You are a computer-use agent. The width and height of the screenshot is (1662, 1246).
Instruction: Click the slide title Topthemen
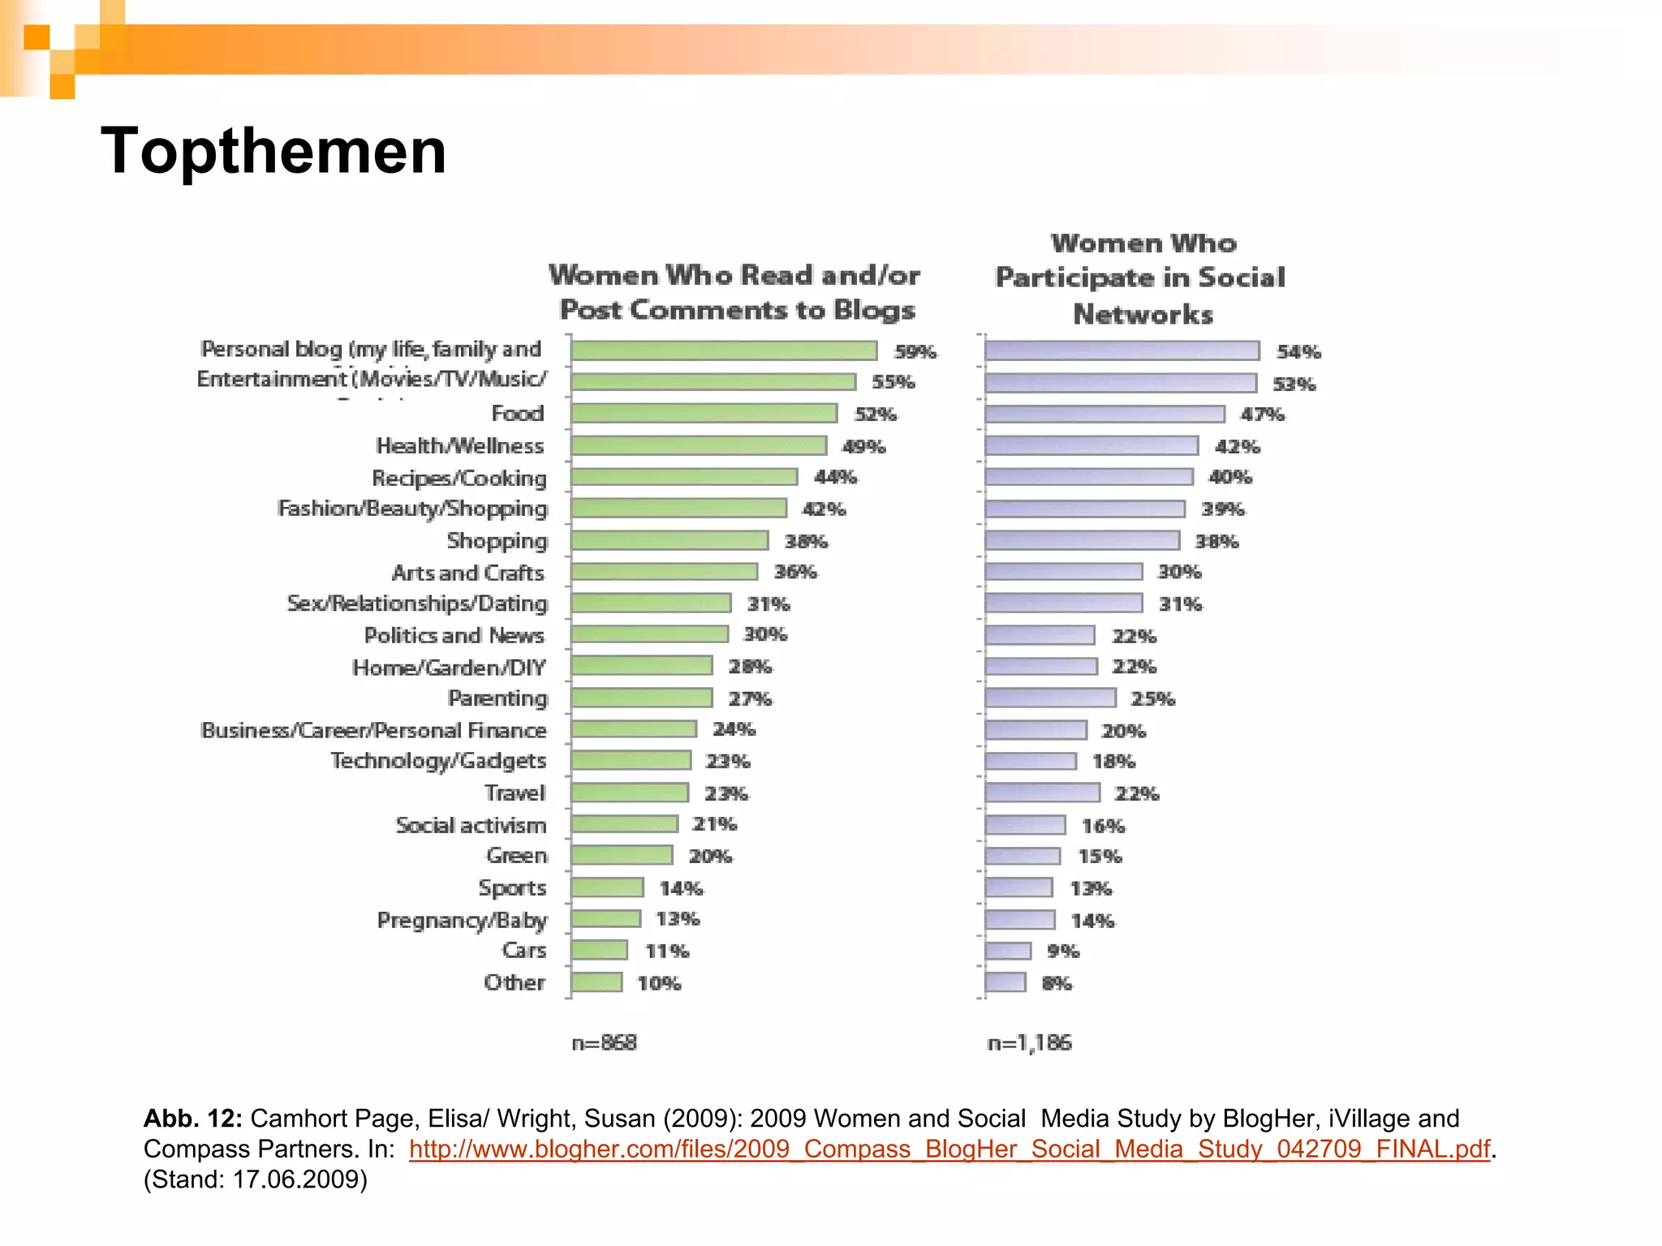[x=273, y=152]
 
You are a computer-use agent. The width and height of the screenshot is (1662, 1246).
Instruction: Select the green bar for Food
[x=704, y=414]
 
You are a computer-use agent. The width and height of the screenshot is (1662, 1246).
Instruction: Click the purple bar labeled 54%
[x=1122, y=350]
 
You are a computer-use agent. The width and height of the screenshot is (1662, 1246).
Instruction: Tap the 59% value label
[x=915, y=351]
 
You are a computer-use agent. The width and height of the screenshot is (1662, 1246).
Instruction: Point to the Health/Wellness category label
[x=459, y=446]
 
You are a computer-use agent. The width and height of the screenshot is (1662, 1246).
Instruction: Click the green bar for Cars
[x=599, y=950]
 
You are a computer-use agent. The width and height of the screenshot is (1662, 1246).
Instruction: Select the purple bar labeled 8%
[x=1005, y=982]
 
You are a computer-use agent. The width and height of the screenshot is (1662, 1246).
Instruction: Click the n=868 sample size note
[x=604, y=1042]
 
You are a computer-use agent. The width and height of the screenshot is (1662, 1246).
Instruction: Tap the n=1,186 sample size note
[x=1029, y=1042]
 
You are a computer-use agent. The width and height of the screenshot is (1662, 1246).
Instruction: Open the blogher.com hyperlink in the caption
[x=949, y=1149]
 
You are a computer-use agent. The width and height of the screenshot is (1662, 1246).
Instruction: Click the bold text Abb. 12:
[x=192, y=1119]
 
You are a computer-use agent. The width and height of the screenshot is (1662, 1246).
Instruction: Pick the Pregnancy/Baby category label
[x=462, y=920]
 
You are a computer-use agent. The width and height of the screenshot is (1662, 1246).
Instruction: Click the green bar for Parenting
[x=641, y=698]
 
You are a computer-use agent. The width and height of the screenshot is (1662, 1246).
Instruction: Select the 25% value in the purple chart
[x=1152, y=698]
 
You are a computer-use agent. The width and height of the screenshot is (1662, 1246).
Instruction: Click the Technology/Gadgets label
[x=438, y=761]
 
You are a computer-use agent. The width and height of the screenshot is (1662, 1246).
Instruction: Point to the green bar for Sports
[x=607, y=887]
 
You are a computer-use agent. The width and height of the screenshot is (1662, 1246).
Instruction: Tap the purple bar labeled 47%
[x=1104, y=414]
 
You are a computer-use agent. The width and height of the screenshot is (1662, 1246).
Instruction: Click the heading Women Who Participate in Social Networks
[x=1142, y=278]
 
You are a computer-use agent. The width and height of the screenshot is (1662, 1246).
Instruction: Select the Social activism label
[x=471, y=825]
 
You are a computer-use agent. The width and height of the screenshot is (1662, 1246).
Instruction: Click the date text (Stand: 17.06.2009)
[x=256, y=1179]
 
